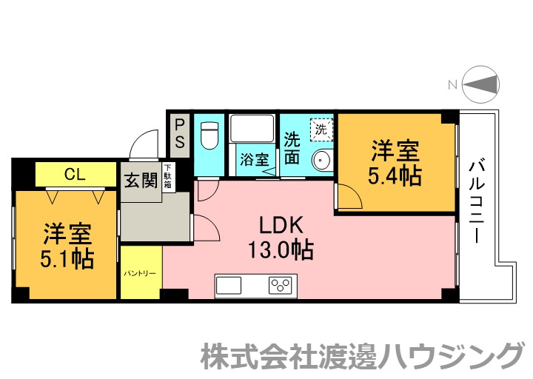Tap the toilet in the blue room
click(209, 134)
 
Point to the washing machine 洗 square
click(321, 129)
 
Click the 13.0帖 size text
click(280, 250)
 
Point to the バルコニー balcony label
click(477, 201)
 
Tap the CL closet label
click(74, 175)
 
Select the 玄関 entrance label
click(141, 181)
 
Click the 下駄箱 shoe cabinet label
click(168, 177)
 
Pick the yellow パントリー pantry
click(140, 273)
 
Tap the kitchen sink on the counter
click(230, 284)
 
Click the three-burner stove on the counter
click(281, 284)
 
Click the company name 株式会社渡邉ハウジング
click(362, 355)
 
